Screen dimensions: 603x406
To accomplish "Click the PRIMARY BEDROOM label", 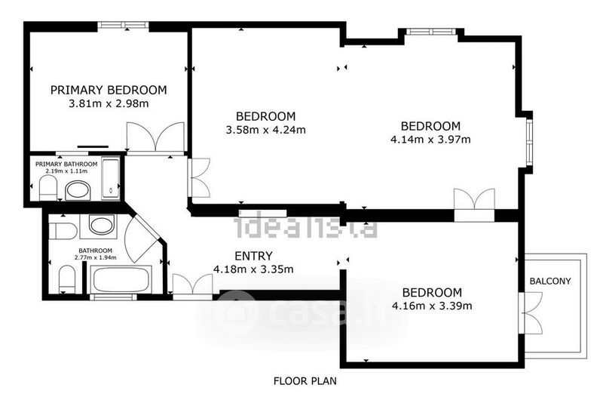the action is tap(109, 90).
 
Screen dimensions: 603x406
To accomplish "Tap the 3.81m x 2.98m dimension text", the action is tap(109, 103).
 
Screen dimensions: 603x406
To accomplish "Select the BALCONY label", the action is tap(550, 281).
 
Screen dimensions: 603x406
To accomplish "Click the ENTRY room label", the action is tap(253, 256).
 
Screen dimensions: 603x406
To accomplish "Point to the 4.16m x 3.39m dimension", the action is tap(432, 306).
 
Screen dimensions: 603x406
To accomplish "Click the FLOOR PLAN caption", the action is tap(305, 381).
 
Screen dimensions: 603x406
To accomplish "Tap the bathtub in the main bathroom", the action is tap(121, 280).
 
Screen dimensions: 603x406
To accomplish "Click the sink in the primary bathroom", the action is tap(78, 191).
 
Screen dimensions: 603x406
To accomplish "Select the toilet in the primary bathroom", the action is tap(48, 188).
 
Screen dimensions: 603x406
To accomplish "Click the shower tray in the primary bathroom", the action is tap(111, 178).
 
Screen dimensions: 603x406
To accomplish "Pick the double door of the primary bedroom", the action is tap(155, 137).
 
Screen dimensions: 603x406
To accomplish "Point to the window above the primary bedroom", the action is tap(123, 26).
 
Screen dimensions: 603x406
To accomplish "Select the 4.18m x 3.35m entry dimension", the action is tap(253, 269).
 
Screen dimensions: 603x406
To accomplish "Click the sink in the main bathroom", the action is tap(102, 225).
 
